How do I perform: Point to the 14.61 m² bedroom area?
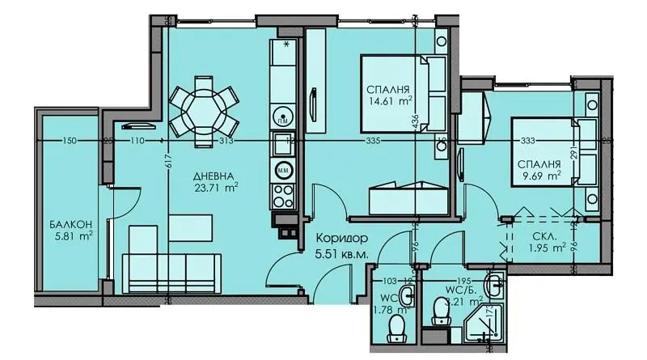coord(389,101)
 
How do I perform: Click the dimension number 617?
coord(170,161)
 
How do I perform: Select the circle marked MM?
coord(284,171)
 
